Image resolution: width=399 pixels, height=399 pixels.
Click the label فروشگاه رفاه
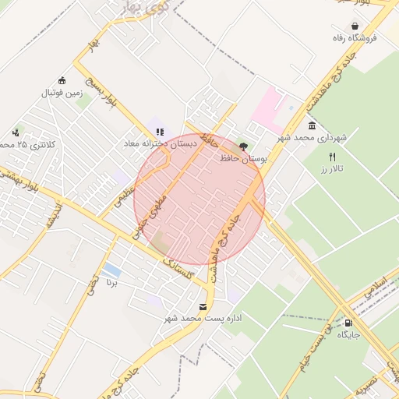[x=355, y=37]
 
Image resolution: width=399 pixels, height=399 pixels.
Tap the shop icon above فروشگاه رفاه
[x=355, y=25]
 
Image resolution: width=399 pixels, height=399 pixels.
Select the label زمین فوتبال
[x=62, y=92]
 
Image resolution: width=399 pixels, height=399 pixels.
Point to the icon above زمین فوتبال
[x=62, y=80]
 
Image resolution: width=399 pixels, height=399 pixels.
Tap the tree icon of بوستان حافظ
[x=243, y=146]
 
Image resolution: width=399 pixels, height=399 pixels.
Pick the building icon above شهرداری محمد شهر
[x=312, y=126]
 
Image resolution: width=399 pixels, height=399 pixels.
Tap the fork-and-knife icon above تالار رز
[x=333, y=157]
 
